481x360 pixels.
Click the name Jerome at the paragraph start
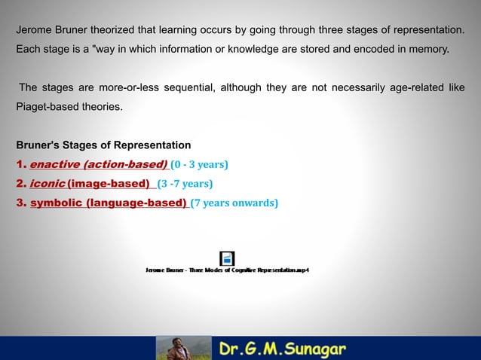click(34, 30)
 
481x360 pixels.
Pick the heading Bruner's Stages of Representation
click(103, 145)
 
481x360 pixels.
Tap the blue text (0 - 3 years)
click(200, 164)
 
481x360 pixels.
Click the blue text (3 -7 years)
click(185, 184)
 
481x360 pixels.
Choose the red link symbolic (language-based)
click(109, 203)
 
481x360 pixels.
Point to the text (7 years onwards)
click(234, 203)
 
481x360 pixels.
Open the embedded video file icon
click(227, 258)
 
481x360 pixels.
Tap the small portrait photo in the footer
click(184, 348)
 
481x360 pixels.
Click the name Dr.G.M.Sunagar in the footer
click(283, 349)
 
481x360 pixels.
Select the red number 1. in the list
click(21, 164)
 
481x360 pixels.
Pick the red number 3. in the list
click(21, 203)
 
